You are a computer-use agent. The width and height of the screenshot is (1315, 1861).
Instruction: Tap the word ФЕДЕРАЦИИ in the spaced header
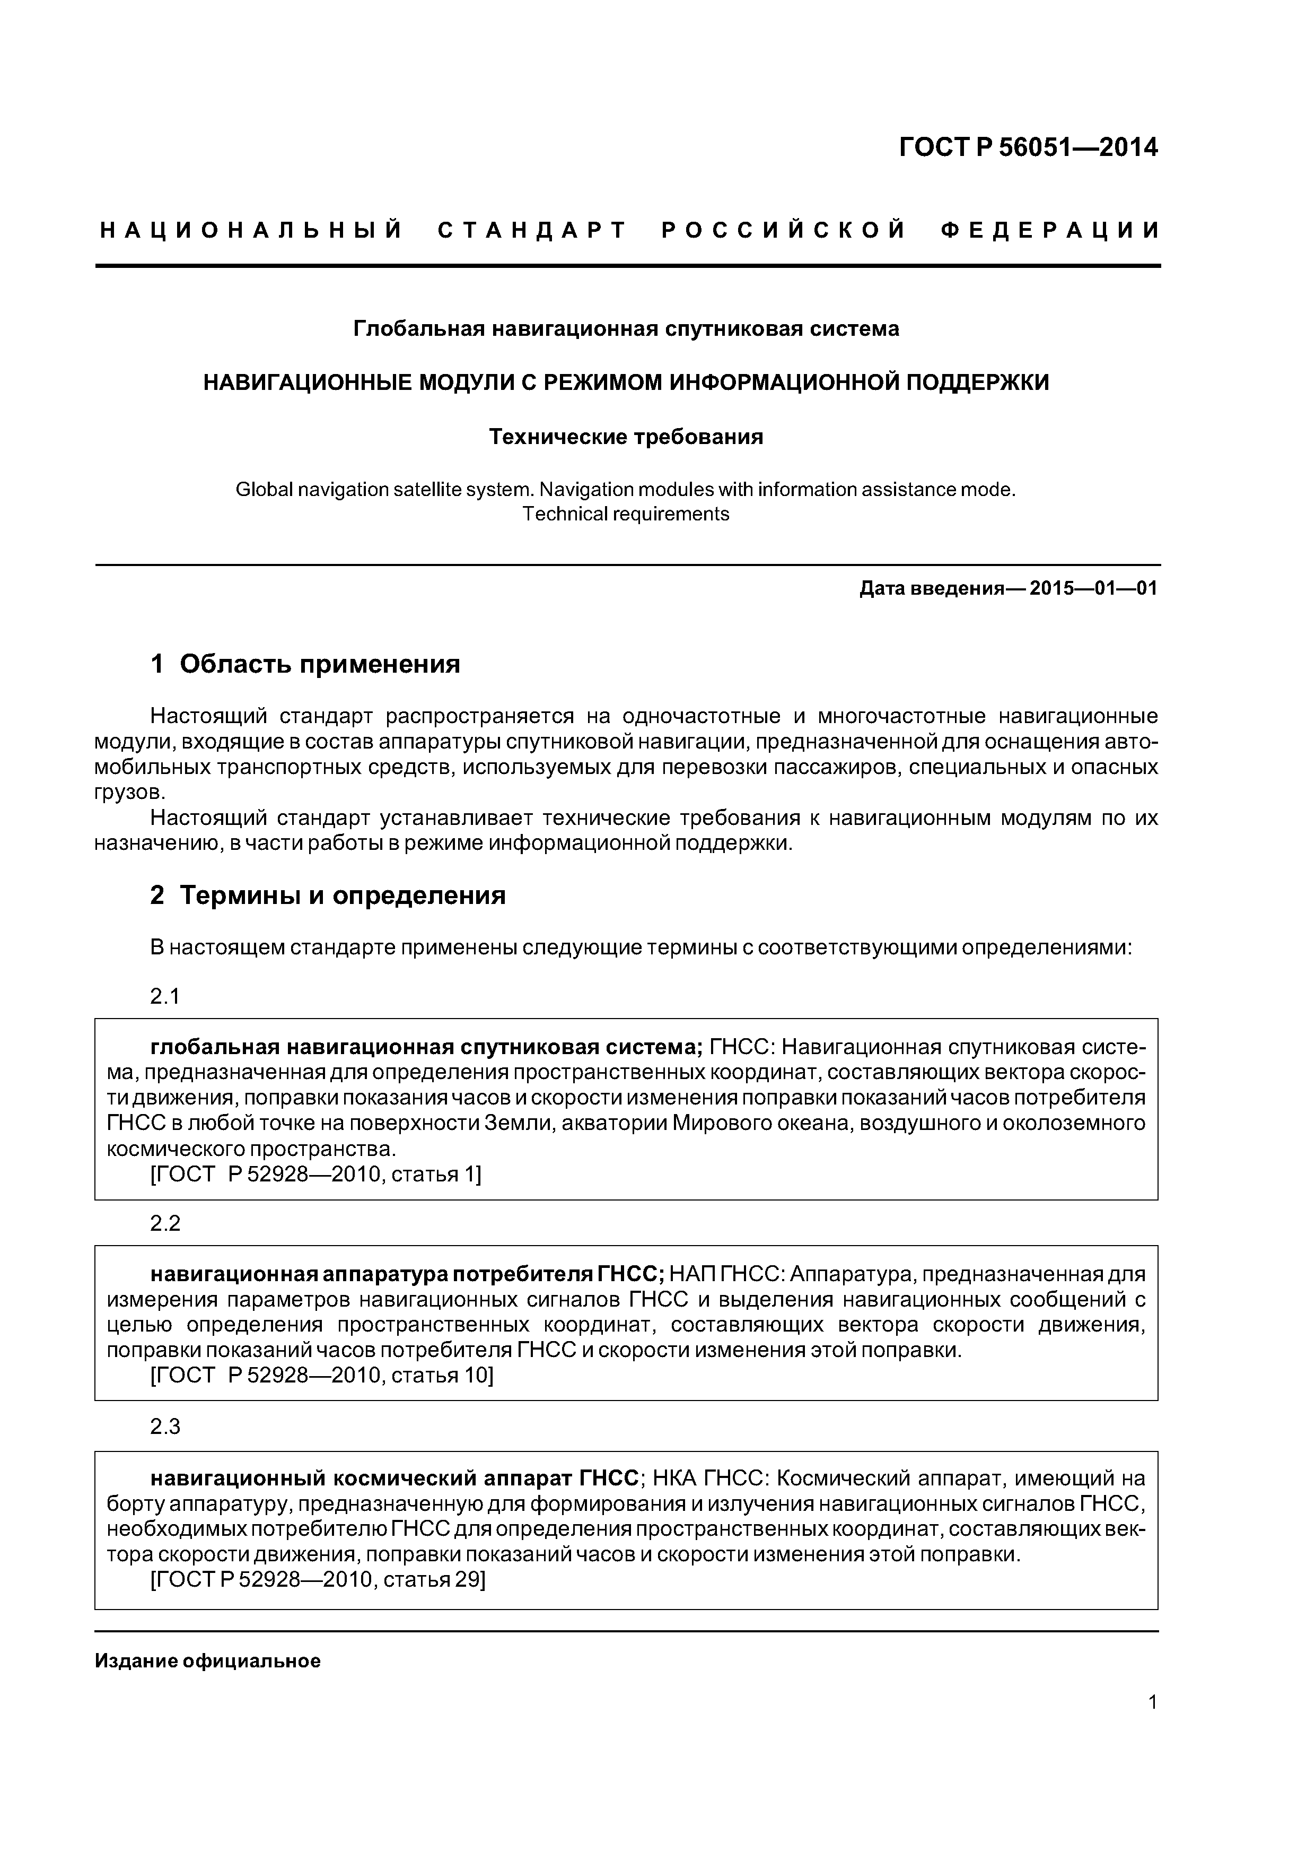[1050, 231]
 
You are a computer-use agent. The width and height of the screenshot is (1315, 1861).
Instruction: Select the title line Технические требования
[626, 437]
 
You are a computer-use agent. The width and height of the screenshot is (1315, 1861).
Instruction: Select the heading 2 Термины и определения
[328, 895]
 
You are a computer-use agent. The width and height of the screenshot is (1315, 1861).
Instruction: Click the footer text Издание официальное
[207, 1662]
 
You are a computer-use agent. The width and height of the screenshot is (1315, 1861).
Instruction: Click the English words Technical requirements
[626, 514]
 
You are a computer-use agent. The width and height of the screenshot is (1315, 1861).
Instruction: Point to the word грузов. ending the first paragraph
[129, 792]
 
